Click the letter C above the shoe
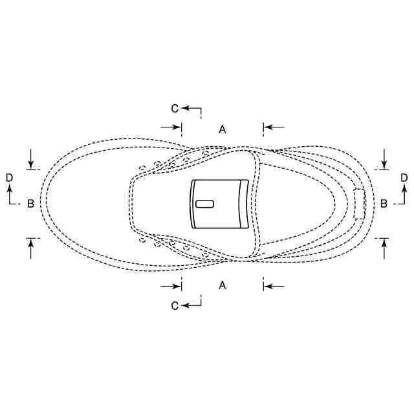175,108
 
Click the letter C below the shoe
175,306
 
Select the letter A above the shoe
223,129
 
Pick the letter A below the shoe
223,285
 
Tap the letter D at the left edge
9,178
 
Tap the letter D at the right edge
404,178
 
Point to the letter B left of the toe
30,203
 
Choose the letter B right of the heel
384,203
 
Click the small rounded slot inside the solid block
204,204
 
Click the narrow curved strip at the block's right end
243,204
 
